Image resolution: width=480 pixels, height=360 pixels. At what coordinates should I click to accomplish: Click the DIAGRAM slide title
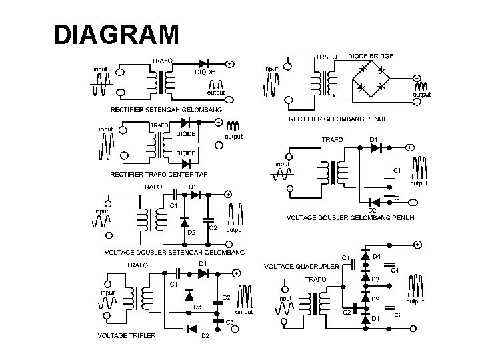coord(116,34)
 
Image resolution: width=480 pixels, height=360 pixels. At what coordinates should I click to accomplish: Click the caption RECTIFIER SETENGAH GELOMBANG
coord(158,109)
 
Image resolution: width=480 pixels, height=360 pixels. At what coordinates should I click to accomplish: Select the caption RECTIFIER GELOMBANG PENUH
coord(337,119)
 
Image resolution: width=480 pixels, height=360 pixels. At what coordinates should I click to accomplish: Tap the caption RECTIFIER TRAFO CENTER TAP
coord(159,174)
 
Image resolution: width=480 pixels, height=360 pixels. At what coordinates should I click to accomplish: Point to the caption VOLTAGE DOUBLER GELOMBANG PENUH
coord(351,217)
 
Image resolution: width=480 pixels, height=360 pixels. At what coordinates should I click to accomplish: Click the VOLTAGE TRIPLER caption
coord(127,335)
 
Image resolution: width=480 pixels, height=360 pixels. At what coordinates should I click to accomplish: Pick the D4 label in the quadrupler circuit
coord(377,256)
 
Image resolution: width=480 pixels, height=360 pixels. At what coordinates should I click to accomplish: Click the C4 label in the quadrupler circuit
coord(395,270)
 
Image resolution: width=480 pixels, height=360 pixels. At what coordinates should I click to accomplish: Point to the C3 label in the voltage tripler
coord(229,321)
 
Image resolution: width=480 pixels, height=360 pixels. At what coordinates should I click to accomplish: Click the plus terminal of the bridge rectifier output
coord(417,78)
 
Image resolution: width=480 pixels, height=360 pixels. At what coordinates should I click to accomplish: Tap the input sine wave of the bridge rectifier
coord(271,85)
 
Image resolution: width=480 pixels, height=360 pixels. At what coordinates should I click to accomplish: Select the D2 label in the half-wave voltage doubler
coord(191,232)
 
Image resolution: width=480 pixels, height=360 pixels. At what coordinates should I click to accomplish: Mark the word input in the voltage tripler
coord(108,292)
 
